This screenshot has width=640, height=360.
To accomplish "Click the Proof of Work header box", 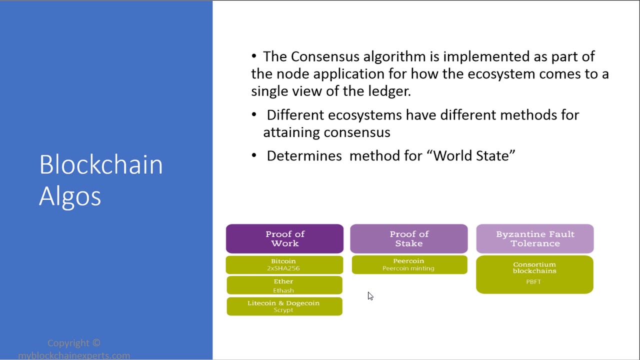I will click(284, 239).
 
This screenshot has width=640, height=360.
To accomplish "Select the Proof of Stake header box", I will click(409, 239).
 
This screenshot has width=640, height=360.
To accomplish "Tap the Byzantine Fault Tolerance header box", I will click(535, 239).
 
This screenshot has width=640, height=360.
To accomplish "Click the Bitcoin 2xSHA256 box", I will click(284, 265).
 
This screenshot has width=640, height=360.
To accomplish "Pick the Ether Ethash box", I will click(284, 285).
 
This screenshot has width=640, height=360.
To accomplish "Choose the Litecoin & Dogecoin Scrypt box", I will click(284, 306).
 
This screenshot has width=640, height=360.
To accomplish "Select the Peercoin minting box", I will click(409, 265).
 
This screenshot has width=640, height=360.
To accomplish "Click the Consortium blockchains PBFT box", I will click(534, 274).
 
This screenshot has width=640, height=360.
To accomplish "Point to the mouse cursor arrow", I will click(370, 296).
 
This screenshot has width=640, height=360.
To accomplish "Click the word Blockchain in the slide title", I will click(101, 165).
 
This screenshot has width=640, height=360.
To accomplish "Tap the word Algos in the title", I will click(70, 196).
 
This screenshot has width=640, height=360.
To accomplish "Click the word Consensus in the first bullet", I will click(325, 56).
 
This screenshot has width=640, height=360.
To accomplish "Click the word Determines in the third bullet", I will click(304, 156).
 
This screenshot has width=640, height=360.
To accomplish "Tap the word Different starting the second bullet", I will click(295, 115).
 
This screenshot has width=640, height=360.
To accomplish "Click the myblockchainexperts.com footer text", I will click(74, 355).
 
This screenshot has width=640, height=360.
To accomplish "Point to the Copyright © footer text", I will click(74, 343).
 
